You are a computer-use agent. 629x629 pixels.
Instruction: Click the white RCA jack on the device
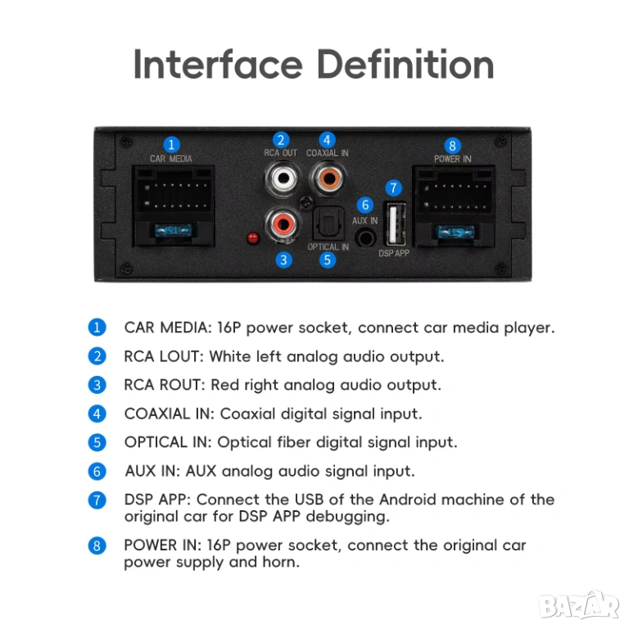(283, 178)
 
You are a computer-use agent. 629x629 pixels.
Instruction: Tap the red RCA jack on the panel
(283, 224)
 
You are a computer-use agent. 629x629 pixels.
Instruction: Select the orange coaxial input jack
(328, 178)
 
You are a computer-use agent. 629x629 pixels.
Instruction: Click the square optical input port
(328, 224)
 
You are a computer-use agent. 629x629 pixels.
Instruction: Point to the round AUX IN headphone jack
(365, 238)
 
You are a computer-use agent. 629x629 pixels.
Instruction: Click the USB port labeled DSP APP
(395, 224)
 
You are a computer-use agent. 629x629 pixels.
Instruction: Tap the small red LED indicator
(253, 238)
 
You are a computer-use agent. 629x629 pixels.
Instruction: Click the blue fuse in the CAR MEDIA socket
(174, 231)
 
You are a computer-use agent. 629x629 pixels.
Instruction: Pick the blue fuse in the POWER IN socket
(455, 232)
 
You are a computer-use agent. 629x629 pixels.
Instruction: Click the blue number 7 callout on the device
(393, 188)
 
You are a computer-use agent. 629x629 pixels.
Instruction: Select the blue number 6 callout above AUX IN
(365, 205)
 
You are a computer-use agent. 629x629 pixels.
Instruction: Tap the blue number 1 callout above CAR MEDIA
(171, 144)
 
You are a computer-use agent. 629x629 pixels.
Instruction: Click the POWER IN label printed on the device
(452, 159)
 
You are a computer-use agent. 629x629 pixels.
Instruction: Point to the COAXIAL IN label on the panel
(328, 153)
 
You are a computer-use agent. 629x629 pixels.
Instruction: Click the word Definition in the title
(405, 64)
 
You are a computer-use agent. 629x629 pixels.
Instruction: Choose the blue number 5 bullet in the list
(97, 442)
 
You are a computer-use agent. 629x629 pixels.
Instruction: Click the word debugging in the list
(348, 517)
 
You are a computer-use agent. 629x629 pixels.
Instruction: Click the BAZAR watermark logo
(580, 604)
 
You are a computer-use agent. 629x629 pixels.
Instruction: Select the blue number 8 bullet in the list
(97, 545)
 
